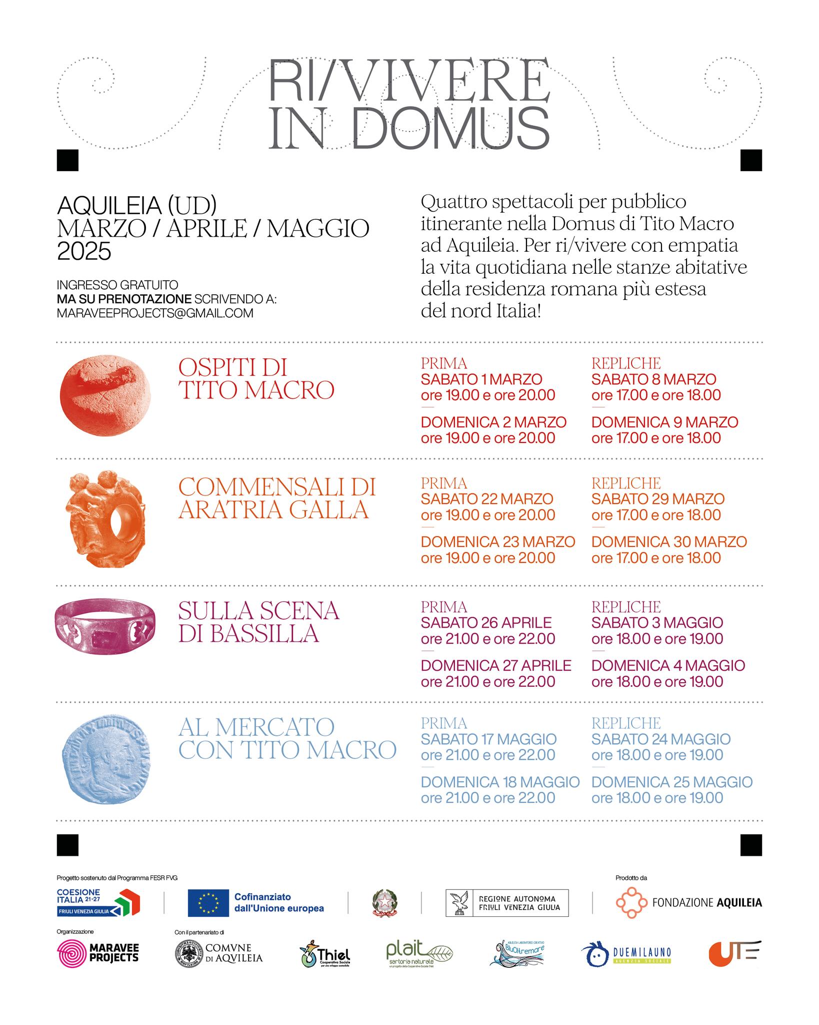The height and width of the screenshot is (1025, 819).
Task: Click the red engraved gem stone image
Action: pos(105,395)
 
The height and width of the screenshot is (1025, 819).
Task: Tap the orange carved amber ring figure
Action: pos(105,519)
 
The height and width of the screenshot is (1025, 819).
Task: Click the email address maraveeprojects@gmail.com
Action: pos(155,313)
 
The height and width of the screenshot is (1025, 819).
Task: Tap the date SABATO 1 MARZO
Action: pos(481,379)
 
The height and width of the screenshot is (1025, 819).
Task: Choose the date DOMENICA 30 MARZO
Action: pos(669,542)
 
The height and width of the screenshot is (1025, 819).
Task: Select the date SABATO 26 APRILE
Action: pos(486,623)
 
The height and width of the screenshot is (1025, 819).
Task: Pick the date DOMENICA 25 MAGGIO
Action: pos(672,782)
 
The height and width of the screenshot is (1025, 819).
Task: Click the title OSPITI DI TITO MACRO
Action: pos(256,379)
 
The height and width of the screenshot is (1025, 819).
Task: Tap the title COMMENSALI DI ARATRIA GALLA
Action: pos(277,498)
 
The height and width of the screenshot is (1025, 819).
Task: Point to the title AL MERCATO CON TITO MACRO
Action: pos(287,738)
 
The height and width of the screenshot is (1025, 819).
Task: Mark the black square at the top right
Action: pos(750,160)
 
